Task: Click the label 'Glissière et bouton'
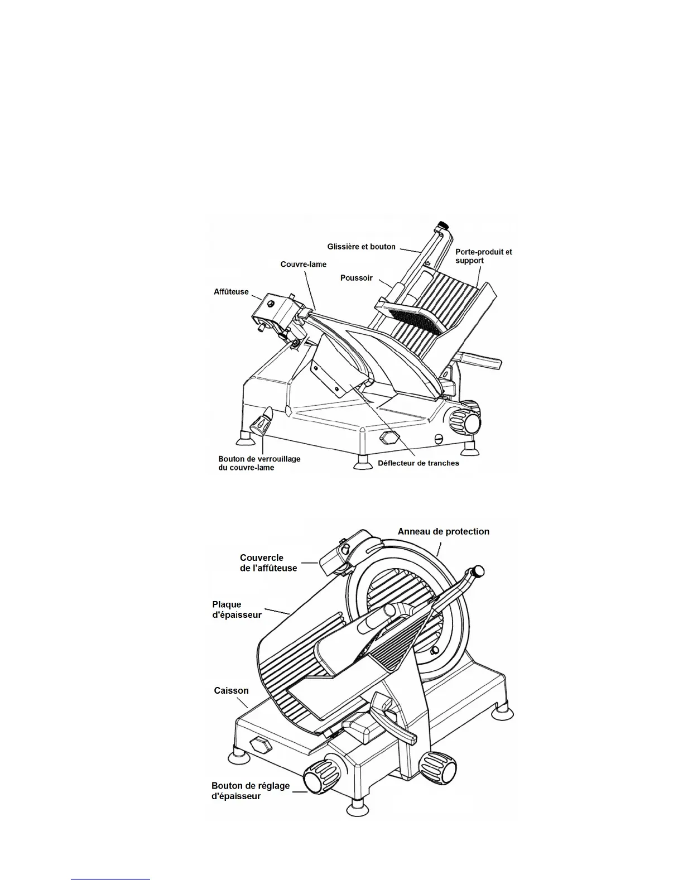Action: [361, 247]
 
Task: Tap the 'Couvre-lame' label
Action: [303, 264]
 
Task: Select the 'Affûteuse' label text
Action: [231, 291]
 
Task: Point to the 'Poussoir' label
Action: [356, 277]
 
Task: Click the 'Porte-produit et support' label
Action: [483, 256]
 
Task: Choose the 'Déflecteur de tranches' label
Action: [418, 463]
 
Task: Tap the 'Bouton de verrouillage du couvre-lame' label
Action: [259, 463]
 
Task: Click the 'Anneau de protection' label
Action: [443, 531]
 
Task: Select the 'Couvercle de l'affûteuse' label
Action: [268, 563]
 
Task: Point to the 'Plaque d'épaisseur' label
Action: [237, 609]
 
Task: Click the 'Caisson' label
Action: [231, 690]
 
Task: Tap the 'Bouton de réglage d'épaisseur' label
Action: [250, 791]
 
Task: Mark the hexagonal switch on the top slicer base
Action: [387, 438]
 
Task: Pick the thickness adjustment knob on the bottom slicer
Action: [316, 778]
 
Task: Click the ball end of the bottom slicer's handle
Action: [478, 571]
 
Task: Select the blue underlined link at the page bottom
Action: [110, 879]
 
